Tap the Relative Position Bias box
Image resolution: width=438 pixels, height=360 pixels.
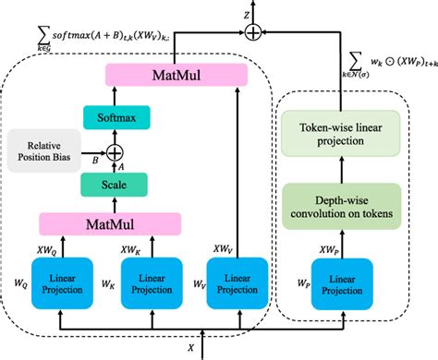[x=45, y=150]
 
